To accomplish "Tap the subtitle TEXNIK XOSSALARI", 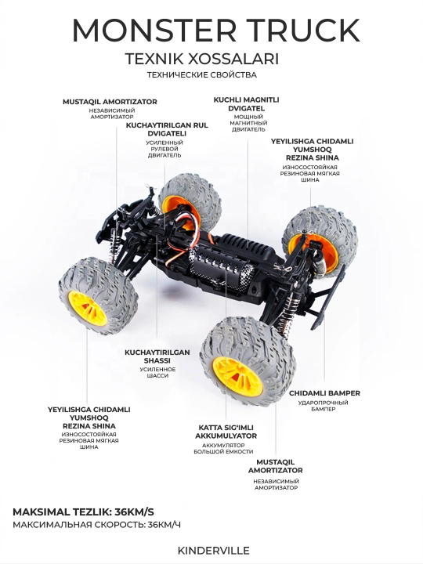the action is (x=202, y=59).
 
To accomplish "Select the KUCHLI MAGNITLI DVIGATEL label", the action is (x=247, y=104).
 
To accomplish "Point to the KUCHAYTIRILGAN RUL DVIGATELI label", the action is (x=167, y=129).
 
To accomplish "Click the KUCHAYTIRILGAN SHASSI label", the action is (x=157, y=356).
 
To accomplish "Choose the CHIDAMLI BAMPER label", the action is (x=324, y=393).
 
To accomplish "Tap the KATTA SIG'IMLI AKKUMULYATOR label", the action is (x=226, y=432).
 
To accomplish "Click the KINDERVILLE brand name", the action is (x=213, y=551).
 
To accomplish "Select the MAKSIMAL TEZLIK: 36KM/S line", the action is (x=84, y=512).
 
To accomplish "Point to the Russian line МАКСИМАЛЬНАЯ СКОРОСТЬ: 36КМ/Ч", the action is (x=97, y=525).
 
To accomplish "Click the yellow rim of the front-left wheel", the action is (x=88, y=309).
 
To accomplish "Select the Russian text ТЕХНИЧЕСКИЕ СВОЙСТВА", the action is (x=202, y=75).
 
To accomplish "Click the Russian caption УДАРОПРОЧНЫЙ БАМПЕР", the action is (x=323, y=406).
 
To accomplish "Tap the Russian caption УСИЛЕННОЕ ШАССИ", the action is (x=157, y=373).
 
